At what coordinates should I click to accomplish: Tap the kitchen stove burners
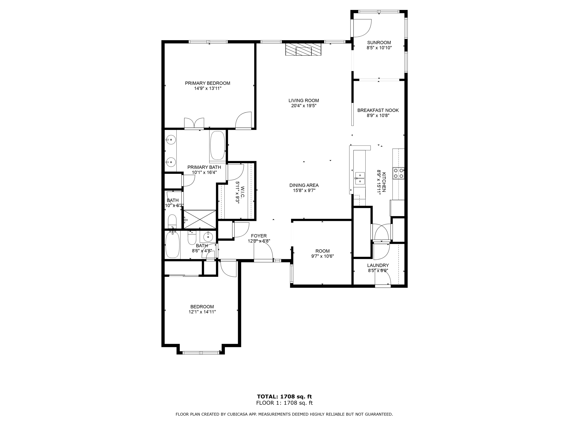(398, 173)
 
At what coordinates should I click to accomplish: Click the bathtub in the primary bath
(218, 145)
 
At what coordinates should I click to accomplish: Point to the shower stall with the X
(200, 219)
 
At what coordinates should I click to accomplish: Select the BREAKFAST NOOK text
(378, 110)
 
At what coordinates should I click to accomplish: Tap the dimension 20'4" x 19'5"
(304, 106)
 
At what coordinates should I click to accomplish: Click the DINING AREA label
(304, 185)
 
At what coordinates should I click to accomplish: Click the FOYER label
(259, 236)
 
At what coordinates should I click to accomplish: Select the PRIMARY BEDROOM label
(207, 83)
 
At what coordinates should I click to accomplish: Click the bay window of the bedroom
(201, 353)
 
